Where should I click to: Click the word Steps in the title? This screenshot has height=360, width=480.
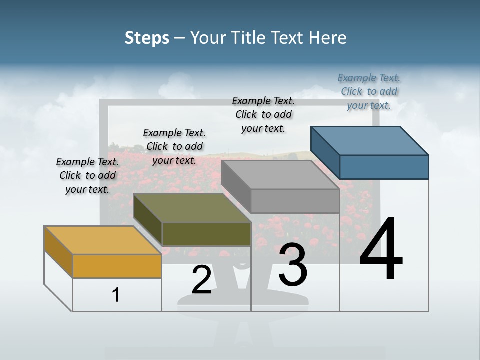coord(147,38)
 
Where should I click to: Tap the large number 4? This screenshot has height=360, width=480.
coord(381,250)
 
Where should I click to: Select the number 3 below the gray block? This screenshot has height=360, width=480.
coord(293,265)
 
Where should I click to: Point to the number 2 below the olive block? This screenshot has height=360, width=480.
coord(201,280)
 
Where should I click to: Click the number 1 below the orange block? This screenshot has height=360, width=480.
coord(116,295)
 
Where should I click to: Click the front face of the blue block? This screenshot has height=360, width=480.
coord(384,167)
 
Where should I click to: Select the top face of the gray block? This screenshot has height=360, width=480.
coord(280,175)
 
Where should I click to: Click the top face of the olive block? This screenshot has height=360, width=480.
coord(192,208)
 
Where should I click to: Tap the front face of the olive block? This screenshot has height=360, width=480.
coord(206,234)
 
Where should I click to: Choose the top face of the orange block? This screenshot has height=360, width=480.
coord(102,240)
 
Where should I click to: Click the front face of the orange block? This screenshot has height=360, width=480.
coord(117,266)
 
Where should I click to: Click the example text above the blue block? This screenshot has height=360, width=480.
coord(369,91)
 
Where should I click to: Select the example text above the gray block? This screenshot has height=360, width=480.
coord(263,114)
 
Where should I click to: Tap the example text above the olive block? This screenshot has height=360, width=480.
coord(174,146)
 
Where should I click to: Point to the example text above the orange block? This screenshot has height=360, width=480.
coord(87,175)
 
